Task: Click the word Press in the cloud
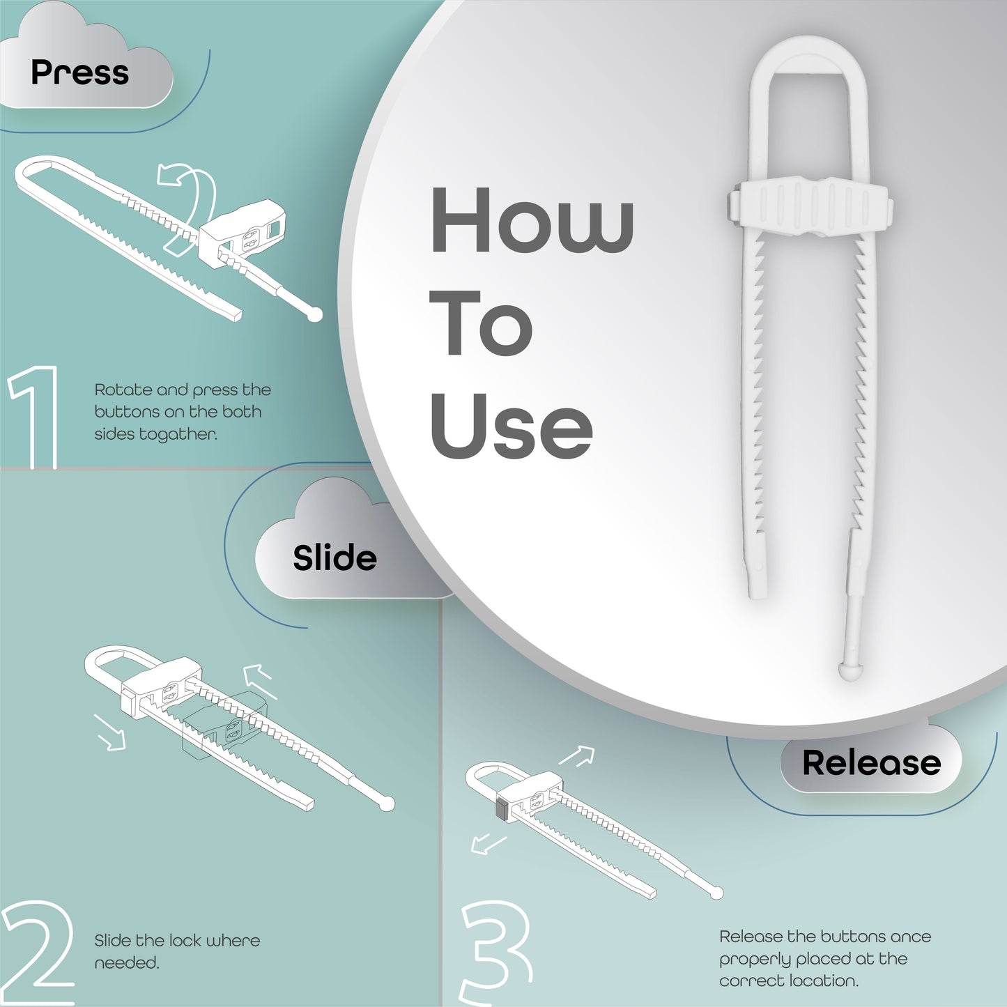(x=80, y=72)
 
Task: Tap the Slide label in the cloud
(x=335, y=557)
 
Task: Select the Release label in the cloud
(x=872, y=762)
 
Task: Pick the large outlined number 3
(x=495, y=951)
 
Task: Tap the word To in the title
(x=482, y=323)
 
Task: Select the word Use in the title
(x=511, y=425)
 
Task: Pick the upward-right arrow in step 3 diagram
(x=577, y=755)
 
